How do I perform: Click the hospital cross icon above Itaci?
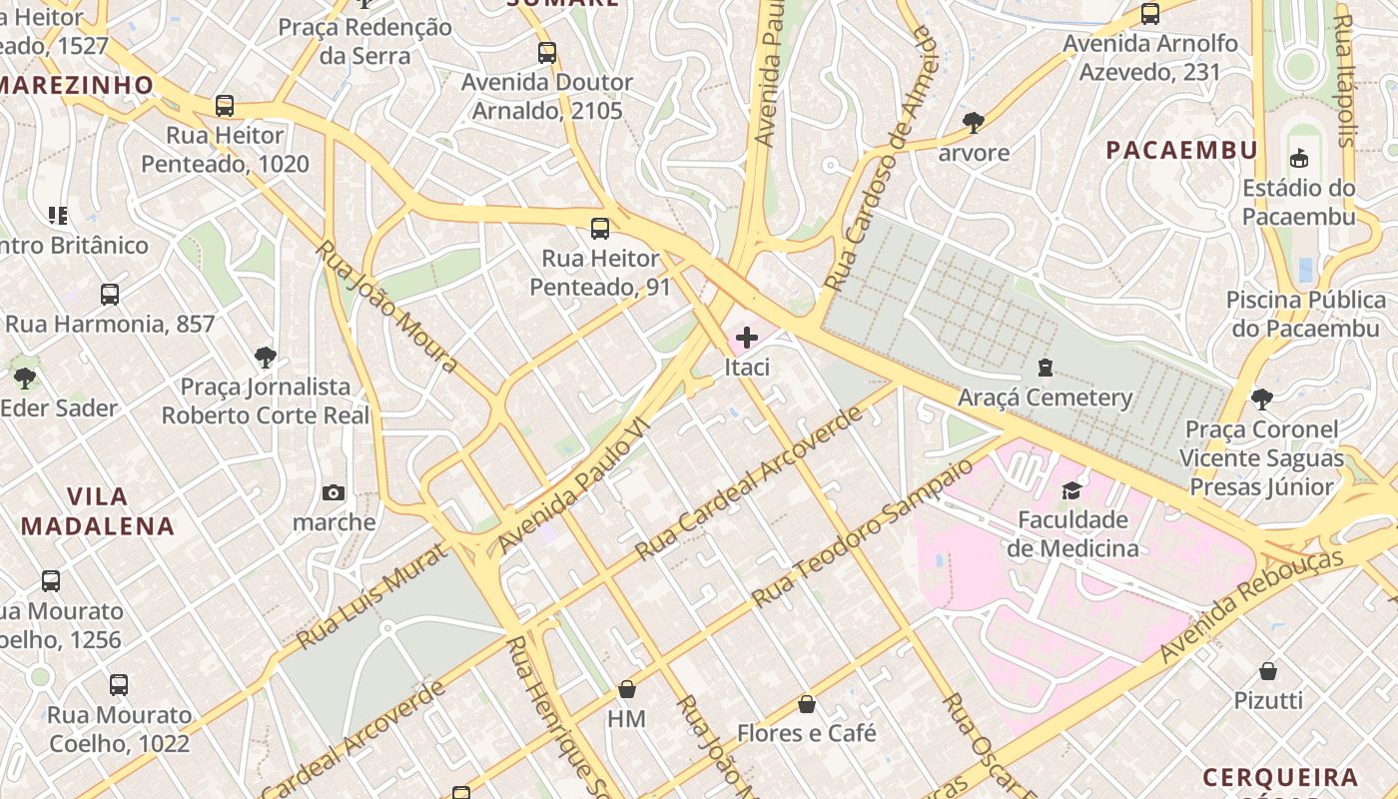[746, 338]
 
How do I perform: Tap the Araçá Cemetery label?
[1045, 398]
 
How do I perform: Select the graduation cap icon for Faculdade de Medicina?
[1071, 489]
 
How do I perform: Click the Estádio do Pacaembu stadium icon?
[1299, 158]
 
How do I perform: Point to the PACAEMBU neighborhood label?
[1181, 150]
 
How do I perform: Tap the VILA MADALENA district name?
[98, 510]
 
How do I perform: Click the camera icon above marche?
[334, 492]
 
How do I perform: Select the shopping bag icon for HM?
[627, 689]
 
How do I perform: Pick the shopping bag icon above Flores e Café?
[807, 704]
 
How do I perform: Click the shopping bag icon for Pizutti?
[1268, 670]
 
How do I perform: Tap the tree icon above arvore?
[974, 123]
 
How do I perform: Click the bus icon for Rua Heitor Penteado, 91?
[599, 229]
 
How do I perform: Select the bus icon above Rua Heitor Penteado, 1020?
[225, 106]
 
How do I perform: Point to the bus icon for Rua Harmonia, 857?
[110, 295]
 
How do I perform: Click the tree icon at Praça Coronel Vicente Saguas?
[1262, 399]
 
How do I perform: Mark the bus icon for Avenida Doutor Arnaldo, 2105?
[546, 53]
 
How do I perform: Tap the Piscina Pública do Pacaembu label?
[1306, 314]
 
